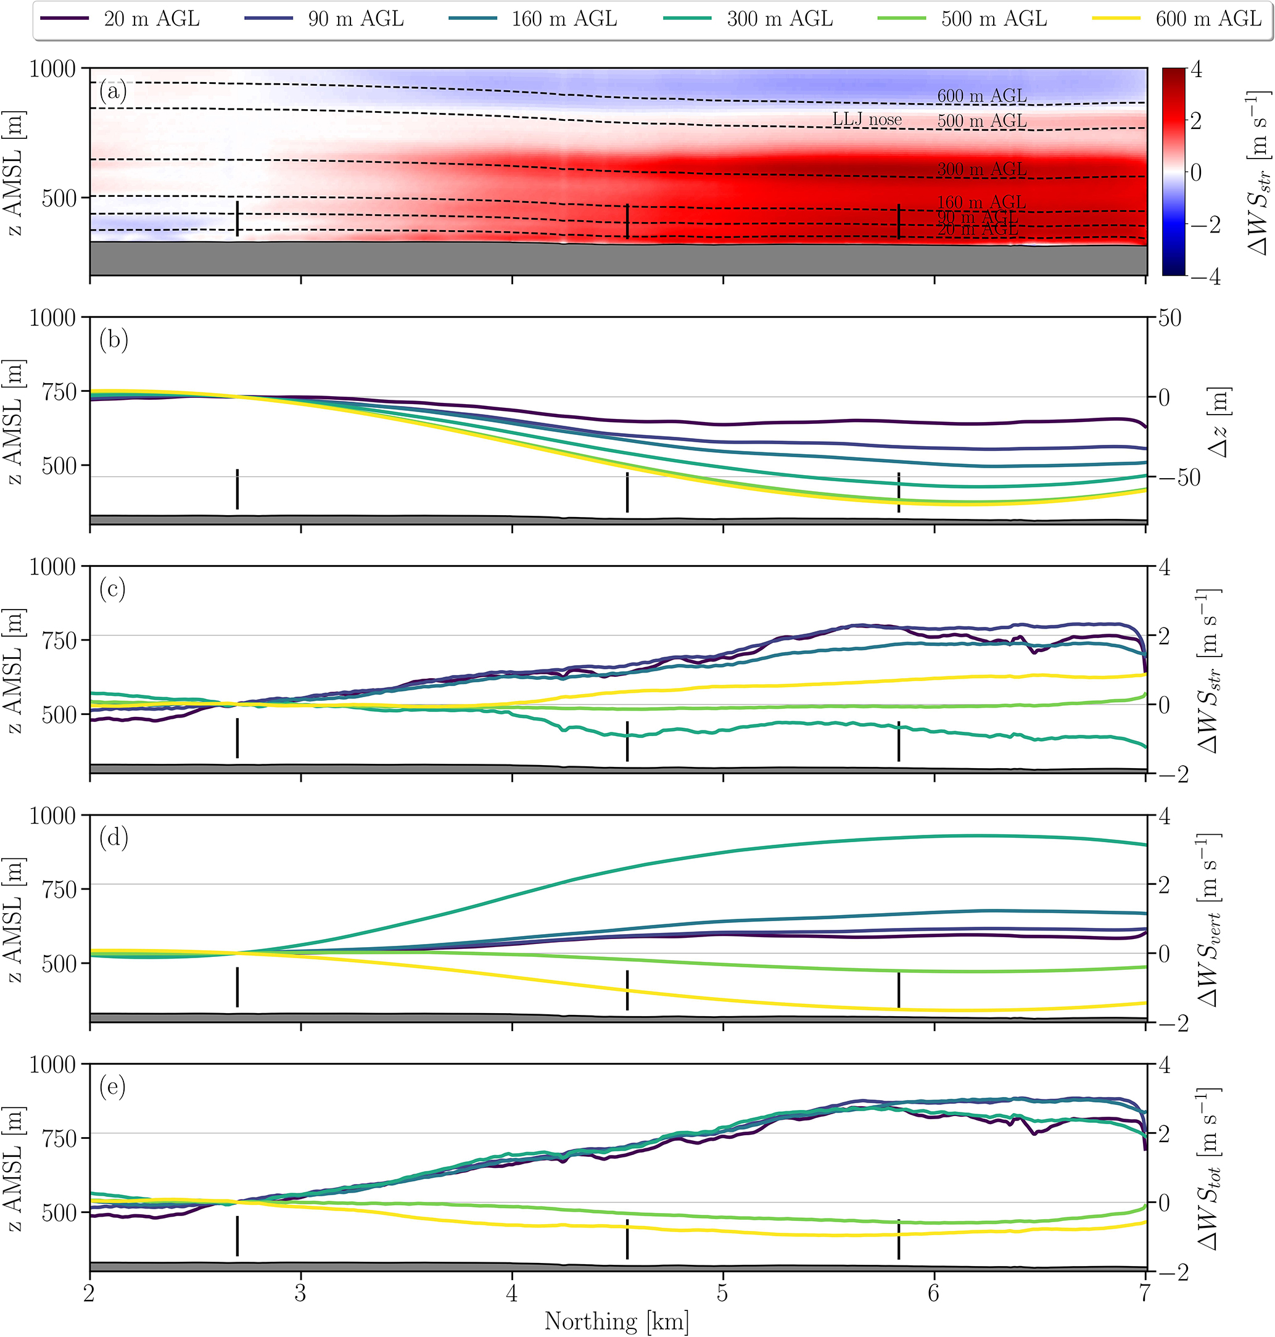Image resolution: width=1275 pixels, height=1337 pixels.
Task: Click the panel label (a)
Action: tap(113, 91)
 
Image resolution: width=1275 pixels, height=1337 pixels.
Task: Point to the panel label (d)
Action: tap(113, 837)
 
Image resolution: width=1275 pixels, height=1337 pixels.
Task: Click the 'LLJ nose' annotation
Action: tap(867, 120)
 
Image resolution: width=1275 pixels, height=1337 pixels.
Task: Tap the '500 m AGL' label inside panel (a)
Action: tap(981, 120)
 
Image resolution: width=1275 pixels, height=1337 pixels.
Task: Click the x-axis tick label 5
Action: tap(722, 1293)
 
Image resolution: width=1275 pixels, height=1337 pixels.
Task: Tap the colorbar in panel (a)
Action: tap(1174, 172)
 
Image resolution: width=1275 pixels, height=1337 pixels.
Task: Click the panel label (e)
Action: tap(113, 1087)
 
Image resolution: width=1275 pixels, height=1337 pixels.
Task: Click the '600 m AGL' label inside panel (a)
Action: tap(981, 96)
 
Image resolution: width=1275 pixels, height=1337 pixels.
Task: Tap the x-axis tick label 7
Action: tap(1146, 1293)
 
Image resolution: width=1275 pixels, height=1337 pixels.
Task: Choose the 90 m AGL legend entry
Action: tap(355, 19)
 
